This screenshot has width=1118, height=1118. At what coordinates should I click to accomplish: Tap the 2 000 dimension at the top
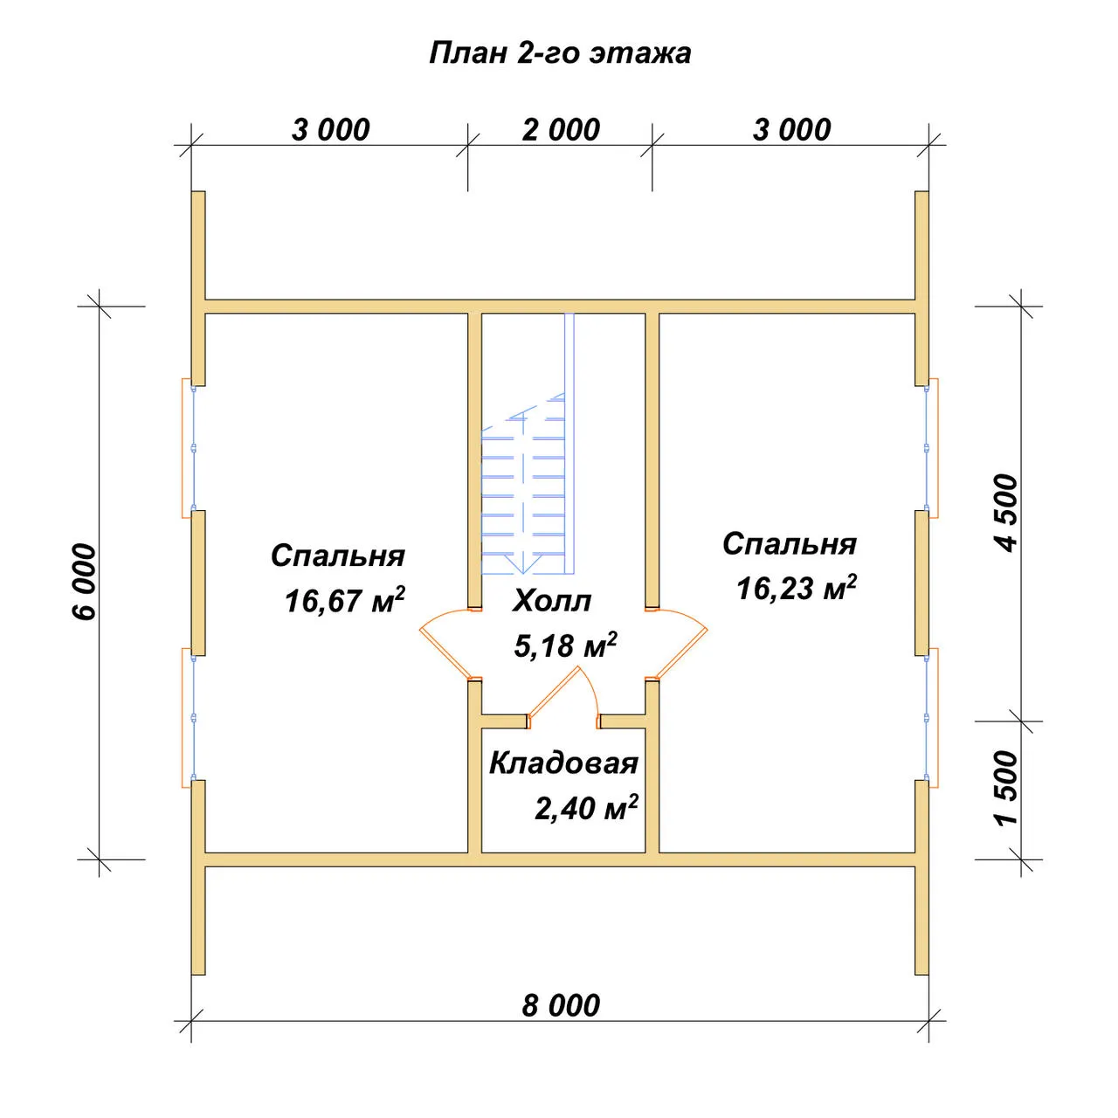pos(561,130)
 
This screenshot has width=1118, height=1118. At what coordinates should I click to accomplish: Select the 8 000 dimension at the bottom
pos(561,1005)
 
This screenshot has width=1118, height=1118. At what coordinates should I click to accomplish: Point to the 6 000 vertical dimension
pos(85,582)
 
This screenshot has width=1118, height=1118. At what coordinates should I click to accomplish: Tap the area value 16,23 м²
pos(796,587)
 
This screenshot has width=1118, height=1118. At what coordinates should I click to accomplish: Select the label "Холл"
pos(551,601)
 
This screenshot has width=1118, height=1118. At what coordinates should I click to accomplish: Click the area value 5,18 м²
pos(565,645)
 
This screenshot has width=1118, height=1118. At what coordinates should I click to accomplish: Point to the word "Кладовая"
pos(563,763)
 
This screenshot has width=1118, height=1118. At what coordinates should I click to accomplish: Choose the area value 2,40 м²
pos(586,807)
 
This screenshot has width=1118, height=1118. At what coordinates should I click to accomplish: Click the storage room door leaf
pos(553,694)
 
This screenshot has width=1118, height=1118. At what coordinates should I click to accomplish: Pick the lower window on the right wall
pos(931,718)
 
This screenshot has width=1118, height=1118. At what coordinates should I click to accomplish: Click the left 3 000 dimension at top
pos(330,130)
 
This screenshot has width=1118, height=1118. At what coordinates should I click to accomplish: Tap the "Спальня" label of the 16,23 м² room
pos(790,544)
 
